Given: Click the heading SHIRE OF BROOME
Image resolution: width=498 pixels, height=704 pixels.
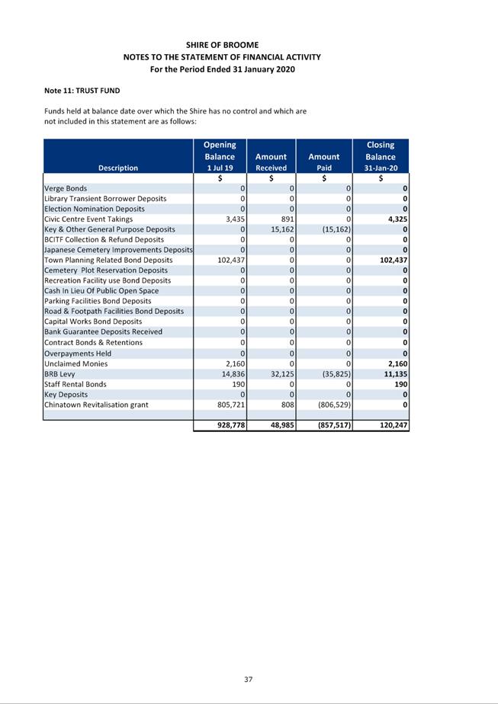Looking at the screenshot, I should [x=222, y=45].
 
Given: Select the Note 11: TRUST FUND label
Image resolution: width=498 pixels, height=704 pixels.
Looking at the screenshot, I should [x=82, y=91].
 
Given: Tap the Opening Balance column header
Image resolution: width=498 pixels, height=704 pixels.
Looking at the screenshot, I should [x=220, y=155].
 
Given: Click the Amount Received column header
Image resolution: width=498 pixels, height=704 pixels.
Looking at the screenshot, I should [x=271, y=162].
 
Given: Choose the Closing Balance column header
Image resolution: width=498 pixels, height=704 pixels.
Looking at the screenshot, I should [x=380, y=155].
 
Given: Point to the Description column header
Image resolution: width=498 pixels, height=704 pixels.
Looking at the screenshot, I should [x=118, y=168].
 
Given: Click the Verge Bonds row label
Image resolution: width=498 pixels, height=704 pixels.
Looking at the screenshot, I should [x=66, y=188].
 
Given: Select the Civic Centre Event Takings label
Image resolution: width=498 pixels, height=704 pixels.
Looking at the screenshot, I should [x=88, y=219].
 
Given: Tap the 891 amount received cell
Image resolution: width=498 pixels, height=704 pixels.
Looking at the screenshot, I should [x=287, y=219].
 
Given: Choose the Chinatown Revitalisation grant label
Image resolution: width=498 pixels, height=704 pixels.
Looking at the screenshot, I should [x=95, y=405].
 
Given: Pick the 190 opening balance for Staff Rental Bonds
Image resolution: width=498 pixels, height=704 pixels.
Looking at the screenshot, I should [x=237, y=384].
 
